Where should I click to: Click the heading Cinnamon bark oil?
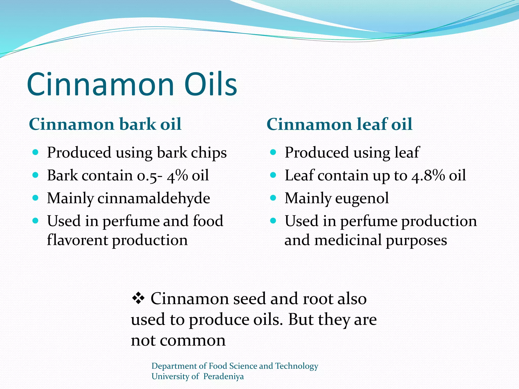105,124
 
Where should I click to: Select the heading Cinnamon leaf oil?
339,124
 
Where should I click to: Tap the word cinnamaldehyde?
154,198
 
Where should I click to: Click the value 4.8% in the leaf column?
428,176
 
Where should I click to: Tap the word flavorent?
77,240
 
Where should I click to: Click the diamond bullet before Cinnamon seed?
138,298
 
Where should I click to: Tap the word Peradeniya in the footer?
224,376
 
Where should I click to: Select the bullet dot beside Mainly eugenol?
273,198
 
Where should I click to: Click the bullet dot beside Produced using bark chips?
35,152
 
